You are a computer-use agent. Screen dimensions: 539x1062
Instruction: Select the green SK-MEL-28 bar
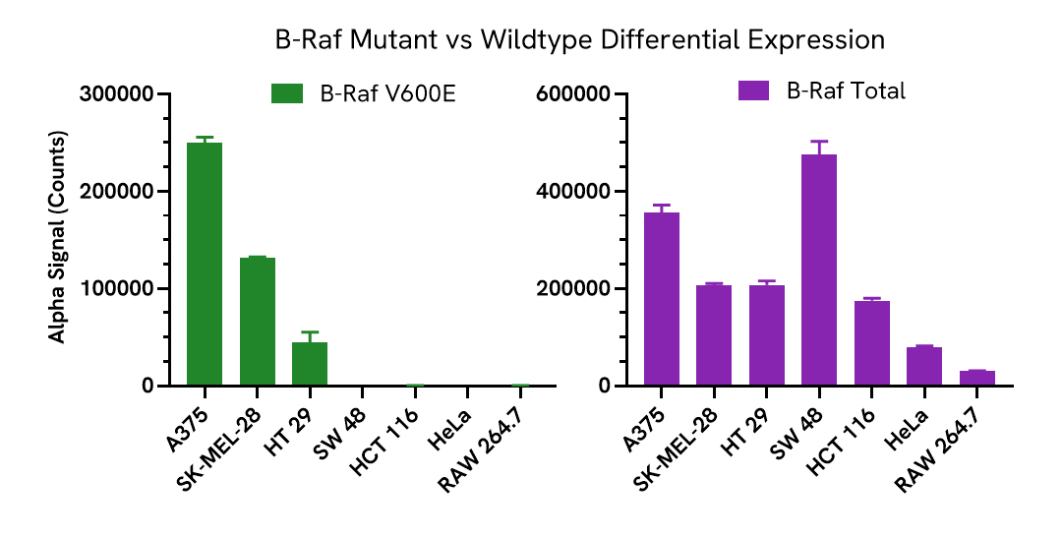(x=258, y=322)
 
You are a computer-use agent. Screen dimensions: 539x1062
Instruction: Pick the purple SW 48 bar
(x=819, y=270)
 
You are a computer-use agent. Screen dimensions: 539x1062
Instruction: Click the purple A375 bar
(x=662, y=299)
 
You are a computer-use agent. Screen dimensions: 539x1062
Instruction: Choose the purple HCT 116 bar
(x=872, y=343)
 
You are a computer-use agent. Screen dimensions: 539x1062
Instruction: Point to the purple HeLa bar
(x=924, y=366)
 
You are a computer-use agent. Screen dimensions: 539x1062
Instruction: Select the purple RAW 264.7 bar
(x=977, y=378)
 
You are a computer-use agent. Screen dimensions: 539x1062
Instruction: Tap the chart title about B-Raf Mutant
(x=580, y=40)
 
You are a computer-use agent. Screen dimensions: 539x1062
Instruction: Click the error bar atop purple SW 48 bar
(x=819, y=148)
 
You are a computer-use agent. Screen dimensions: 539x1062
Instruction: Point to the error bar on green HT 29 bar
(x=310, y=337)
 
